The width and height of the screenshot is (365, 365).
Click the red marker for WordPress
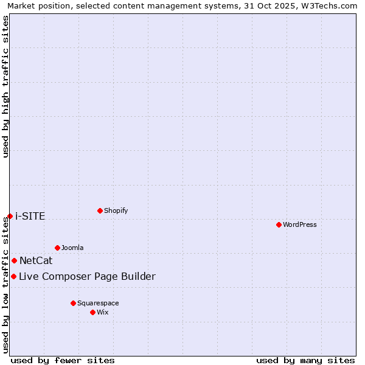(279, 224)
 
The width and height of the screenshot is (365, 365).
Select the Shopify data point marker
(100, 210)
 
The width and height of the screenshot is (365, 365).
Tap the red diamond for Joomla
(57, 248)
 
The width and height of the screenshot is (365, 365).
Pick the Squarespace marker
(73, 303)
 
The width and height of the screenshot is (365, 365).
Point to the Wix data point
(92, 312)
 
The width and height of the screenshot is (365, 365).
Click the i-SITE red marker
(10, 216)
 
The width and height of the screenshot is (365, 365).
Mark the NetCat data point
(14, 260)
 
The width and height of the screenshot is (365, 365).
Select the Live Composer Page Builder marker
(13, 276)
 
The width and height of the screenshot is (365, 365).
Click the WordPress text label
(300, 224)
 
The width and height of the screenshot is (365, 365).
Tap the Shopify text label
(116, 210)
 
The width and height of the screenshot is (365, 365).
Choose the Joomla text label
(72, 248)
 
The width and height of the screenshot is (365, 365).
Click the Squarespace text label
(98, 303)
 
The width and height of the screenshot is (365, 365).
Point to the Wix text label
(103, 312)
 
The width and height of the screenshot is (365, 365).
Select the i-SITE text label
(30, 217)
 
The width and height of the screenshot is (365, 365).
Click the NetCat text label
(36, 261)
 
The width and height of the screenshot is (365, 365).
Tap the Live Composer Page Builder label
(87, 277)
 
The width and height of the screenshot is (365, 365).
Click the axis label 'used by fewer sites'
(63, 360)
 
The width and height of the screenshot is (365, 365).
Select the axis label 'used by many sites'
(305, 360)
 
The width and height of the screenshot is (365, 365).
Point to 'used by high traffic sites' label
(5, 86)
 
